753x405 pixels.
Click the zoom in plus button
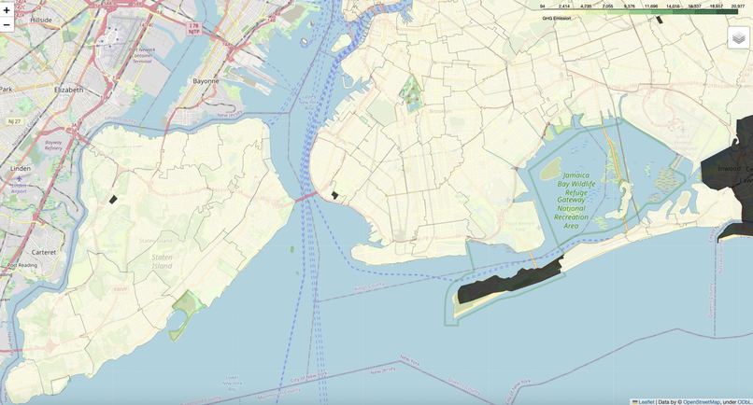(x=7, y=9)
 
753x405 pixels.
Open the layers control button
(x=738, y=37)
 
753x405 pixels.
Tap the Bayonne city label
(x=206, y=81)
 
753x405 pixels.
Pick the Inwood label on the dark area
(x=728, y=169)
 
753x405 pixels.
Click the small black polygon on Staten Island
(x=113, y=199)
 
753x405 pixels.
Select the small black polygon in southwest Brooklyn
(x=334, y=195)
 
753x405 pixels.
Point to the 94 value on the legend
(x=542, y=7)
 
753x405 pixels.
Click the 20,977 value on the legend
(x=738, y=7)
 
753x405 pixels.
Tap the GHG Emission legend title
(x=556, y=18)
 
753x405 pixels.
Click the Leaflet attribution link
(x=646, y=401)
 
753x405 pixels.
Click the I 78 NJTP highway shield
(x=193, y=28)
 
